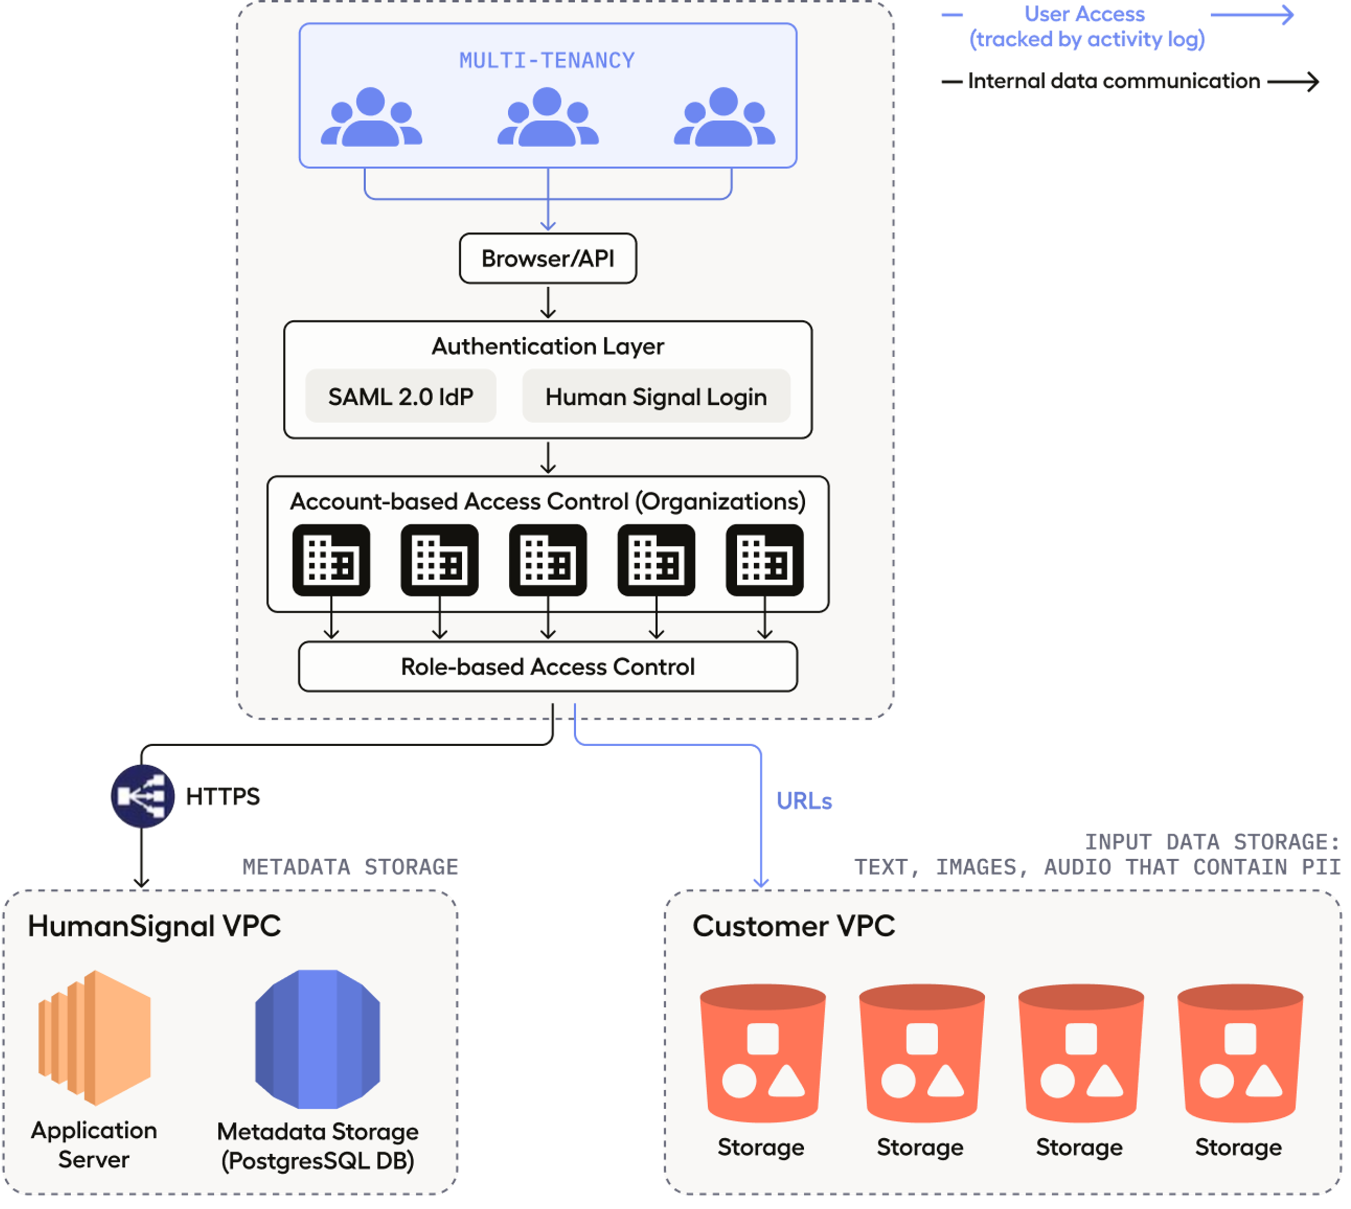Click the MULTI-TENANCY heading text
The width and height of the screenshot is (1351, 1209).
click(x=547, y=61)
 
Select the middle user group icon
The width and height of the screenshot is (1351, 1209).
click(x=548, y=118)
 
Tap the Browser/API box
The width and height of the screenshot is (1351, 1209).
click(x=548, y=259)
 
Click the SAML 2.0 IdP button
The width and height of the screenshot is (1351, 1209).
click(x=401, y=396)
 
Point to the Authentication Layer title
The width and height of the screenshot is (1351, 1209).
click(x=548, y=346)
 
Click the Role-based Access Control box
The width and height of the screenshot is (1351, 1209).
click(x=548, y=667)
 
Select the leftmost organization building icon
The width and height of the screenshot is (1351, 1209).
click(x=331, y=560)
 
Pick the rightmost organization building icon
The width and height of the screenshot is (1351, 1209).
click(x=765, y=560)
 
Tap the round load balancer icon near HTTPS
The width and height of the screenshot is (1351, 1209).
click(x=142, y=796)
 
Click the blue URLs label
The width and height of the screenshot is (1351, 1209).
click(x=804, y=801)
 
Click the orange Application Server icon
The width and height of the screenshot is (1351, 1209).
click(x=95, y=1037)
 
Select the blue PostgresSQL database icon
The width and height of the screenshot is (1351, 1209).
click(x=318, y=1039)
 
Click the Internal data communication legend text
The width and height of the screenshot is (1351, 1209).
click(x=1114, y=81)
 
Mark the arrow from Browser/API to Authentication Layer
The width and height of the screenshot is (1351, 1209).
click(x=548, y=302)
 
